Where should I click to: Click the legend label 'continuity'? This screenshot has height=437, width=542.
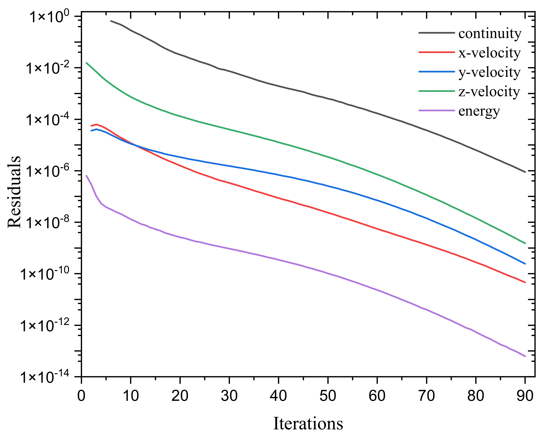tap(490, 34)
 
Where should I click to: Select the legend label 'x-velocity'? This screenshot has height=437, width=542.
tap(489, 53)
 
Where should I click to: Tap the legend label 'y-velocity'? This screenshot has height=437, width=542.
tap(489, 73)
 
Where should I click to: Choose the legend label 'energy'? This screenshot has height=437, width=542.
tap(479, 111)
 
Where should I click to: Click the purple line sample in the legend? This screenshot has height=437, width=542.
tap(437, 111)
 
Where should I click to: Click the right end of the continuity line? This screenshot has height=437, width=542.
tap(525, 172)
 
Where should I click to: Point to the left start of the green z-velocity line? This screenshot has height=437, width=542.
tap(86, 63)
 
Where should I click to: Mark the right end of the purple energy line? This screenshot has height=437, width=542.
tap(525, 356)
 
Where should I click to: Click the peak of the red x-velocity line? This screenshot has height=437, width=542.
tap(96, 124)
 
